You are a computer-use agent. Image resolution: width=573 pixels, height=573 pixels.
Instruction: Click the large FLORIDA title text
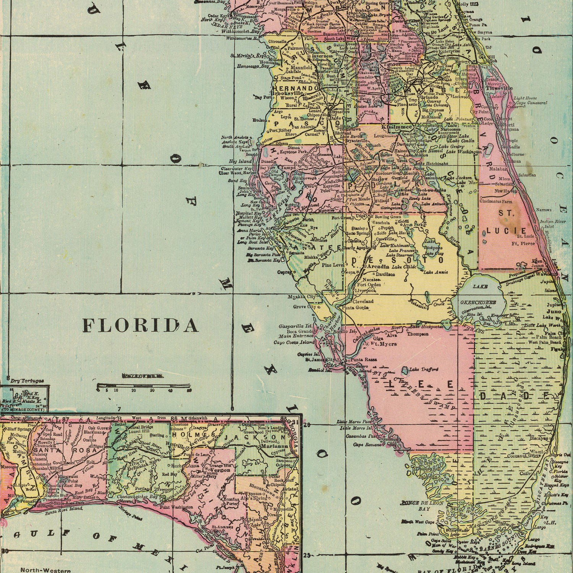[x=140, y=325]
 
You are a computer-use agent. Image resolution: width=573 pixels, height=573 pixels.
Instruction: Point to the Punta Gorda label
[x=355, y=307]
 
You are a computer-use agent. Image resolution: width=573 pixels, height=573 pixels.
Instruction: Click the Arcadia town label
[x=378, y=267]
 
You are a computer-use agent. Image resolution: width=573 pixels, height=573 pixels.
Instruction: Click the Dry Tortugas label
[x=27, y=380]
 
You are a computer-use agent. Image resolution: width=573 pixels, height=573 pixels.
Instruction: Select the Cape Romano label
[x=367, y=445]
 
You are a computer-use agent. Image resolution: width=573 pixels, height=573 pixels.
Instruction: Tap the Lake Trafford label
[x=423, y=369]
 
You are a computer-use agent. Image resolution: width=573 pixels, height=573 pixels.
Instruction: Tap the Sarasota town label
[x=296, y=253]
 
